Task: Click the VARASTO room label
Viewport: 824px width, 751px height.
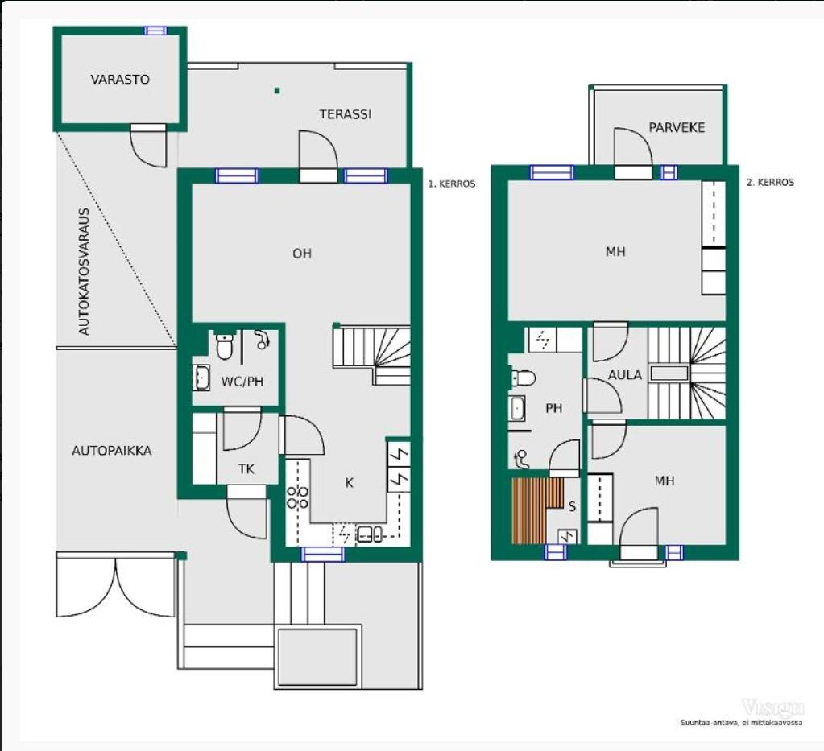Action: click(x=120, y=80)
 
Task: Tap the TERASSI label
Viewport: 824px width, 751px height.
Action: click(x=346, y=114)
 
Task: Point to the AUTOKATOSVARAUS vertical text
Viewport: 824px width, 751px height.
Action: click(x=84, y=271)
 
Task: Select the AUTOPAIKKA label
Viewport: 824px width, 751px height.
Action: click(x=111, y=451)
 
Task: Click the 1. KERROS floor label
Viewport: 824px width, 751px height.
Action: click(x=451, y=184)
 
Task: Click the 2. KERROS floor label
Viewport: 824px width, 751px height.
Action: click(x=770, y=182)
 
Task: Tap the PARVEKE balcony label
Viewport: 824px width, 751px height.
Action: click(x=677, y=128)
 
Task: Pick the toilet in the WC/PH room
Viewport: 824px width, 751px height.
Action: click(x=225, y=345)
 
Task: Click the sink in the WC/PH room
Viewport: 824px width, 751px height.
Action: click(x=201, y=377)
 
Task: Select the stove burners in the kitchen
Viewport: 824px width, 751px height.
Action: click(x=297, y=497)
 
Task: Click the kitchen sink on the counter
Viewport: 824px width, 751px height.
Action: click(x=370, y=534)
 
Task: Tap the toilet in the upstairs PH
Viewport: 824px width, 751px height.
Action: click(x=523, y=378)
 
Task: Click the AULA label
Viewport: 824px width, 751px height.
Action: click(x=625, y=375)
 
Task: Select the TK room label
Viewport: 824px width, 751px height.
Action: click(x=246, y=469)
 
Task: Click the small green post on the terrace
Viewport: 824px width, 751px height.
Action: click(x=277, y=91)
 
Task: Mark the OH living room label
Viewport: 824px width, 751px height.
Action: click(x=301, y=254)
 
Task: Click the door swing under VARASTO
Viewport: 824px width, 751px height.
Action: click(x=148, y=146)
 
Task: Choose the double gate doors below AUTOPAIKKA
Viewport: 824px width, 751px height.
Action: click(x=116, y=584)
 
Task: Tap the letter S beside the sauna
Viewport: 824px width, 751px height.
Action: click(x=572, y=506)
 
